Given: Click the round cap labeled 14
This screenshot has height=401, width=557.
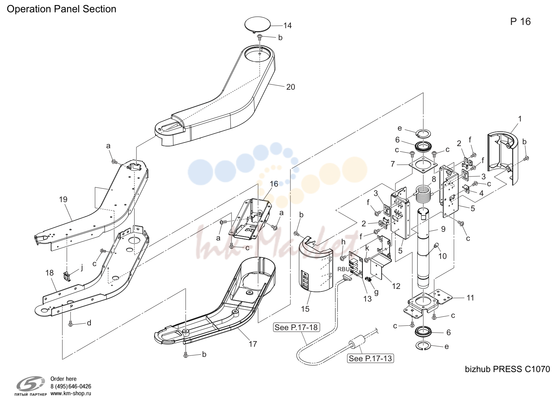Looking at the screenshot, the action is point(258,25).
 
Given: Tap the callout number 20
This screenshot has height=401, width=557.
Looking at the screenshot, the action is point(290,87).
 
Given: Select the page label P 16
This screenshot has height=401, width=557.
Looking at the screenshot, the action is point(520,22).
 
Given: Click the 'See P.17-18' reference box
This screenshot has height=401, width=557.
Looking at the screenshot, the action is point(297,327).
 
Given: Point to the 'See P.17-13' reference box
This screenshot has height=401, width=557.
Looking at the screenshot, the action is point(370,358).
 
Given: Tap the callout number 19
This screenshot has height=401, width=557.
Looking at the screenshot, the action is point(63,199).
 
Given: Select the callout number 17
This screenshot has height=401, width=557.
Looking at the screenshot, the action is point(252,344).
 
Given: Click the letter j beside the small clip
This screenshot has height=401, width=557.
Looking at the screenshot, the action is point(82,268).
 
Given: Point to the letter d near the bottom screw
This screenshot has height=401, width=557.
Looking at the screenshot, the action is point(89,323).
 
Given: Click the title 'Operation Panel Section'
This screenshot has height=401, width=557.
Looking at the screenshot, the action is point(61,9).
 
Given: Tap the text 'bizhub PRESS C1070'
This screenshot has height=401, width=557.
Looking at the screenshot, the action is point(507,369).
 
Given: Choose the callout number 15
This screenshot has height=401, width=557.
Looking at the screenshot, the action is point(305,309).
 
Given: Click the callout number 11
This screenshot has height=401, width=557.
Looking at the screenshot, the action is point(470,298).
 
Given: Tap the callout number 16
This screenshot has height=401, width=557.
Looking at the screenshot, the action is point(274,184).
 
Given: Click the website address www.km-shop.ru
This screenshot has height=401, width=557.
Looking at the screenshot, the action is point(71,393).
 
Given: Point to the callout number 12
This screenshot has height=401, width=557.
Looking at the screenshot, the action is point(396,286).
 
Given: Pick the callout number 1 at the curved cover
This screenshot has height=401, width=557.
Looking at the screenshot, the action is point(519,119).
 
